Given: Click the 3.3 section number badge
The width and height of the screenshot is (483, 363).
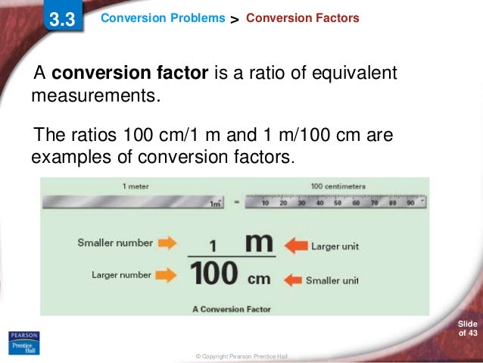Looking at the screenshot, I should pos(62,19).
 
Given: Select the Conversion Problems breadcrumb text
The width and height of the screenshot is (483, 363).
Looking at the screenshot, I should pos(162,18).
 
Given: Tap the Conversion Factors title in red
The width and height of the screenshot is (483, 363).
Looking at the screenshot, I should pos(303,18).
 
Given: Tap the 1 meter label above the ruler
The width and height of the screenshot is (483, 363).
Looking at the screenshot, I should pos(134,186).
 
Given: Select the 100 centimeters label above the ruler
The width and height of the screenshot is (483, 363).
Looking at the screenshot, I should pos(338,186).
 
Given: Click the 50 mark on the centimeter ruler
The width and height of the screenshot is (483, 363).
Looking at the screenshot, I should pos(335,203).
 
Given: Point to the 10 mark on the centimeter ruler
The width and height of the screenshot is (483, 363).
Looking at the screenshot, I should pos(266,203).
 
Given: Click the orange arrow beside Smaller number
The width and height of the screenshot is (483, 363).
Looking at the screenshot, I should pos(168,243).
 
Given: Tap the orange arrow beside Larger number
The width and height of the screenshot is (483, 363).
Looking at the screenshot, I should pos(168,274).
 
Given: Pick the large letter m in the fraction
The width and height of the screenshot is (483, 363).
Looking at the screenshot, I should pos(260,243).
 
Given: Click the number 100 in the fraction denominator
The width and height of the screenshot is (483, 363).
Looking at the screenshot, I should pos(214,274).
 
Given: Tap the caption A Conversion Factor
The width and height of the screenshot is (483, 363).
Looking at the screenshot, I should pos(232,309).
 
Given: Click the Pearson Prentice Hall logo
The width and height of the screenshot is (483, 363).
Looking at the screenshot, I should pos(23,343).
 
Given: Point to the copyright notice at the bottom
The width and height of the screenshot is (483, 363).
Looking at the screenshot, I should pos(241,356).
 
